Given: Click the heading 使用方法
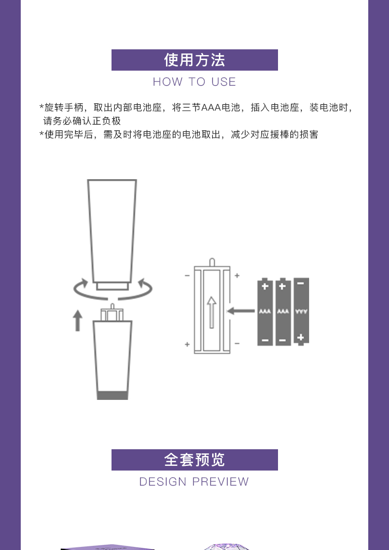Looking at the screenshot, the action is pyautogui.click(x=195, y=60).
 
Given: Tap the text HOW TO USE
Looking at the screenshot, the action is pyautogui.click(x=195, y=82).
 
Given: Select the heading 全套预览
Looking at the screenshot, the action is pyautogui.click(x=195, y=460).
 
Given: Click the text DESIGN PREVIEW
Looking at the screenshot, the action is pyautogui.click(x=194, y=481).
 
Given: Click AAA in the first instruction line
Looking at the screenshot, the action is pyautogui.click(x=211, y=108).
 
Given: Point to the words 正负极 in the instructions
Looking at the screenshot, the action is pyautogui.click(x=106, y=121).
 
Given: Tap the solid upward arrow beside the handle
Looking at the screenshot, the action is pyautogui.click(x=77, y=320).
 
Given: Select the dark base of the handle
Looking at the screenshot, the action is pyautogui.click(x=112, y=395).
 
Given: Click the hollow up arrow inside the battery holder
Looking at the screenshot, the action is pyautogui.click(x=211, y=312).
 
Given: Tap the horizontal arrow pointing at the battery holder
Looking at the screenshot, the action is pyautogui.click(x=241, y=311).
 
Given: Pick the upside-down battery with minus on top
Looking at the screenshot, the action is pyautogui.click(x=301, y=312).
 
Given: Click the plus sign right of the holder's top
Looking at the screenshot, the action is pyautogui.click(x=237, y=276).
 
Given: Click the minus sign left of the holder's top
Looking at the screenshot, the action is pyautogui.click(x=187, y=276).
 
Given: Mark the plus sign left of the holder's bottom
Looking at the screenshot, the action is pyautogui.click(x=187, y=344).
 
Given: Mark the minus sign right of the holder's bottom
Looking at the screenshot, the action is pyautogui.click(x=237, y=343).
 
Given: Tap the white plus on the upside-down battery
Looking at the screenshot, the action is pyautogui.click(x=300, y=338).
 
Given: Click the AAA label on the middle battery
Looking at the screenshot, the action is pyautogui.click(x=283, y=311).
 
